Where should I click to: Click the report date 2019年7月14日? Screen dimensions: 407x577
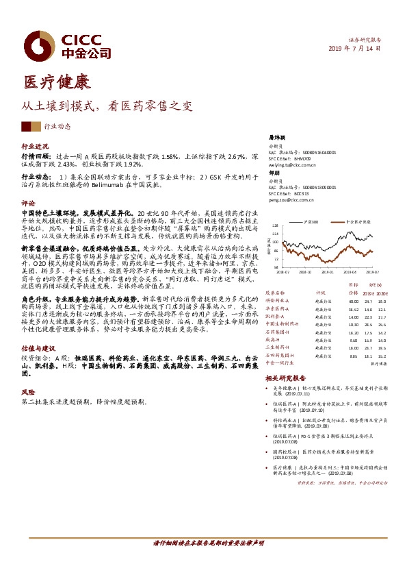(355, 49)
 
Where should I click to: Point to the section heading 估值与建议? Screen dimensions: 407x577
(39, 348)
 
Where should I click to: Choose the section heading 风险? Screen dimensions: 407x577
(28, 392)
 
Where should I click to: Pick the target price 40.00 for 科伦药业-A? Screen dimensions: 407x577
(353, 301)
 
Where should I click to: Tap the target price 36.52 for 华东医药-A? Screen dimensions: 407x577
(353, 309)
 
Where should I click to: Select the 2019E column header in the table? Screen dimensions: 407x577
(370, 292)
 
